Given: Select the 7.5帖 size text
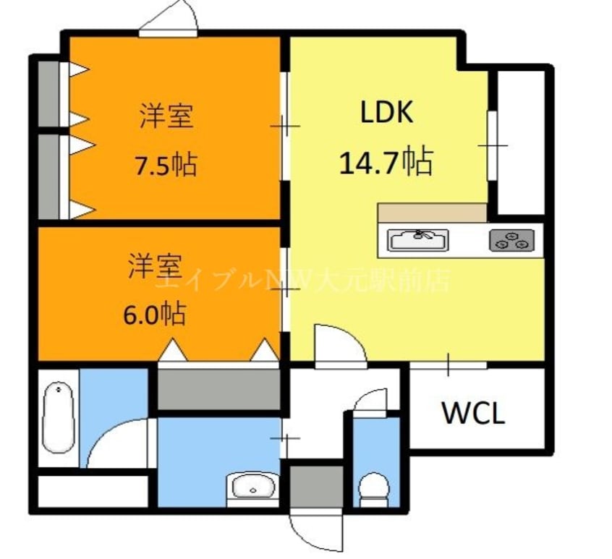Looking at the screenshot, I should click(x=166, y=166).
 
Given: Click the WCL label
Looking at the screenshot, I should click(x=473, y=414).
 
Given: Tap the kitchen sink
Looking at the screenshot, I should click(x=417, y=239).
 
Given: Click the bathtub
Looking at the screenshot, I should click(x=56, y=419).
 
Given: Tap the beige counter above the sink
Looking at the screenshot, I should click(x=432, y=213).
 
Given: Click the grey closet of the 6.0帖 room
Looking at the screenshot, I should click(x=218, y=389).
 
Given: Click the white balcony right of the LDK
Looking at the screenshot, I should click(x=519, y=141).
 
